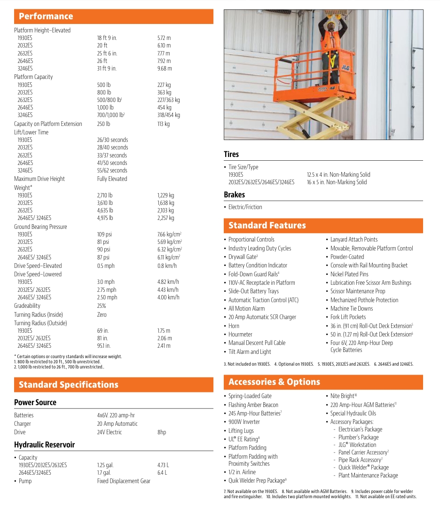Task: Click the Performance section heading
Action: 46,16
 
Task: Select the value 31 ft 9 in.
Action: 107,69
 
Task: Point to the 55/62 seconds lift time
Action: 112,171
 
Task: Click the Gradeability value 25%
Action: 102,306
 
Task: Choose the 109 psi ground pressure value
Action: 104,235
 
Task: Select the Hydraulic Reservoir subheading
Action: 45,445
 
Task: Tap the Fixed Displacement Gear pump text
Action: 124,481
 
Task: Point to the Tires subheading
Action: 231,155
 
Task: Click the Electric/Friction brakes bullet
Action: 245,207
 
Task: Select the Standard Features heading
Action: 267,226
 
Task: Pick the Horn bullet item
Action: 234,326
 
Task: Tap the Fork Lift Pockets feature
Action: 348,317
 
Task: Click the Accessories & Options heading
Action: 274,382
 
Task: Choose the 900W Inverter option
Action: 244,422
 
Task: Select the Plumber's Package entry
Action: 359,438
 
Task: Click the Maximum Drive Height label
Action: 39,179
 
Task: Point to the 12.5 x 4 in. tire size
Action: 338,175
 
